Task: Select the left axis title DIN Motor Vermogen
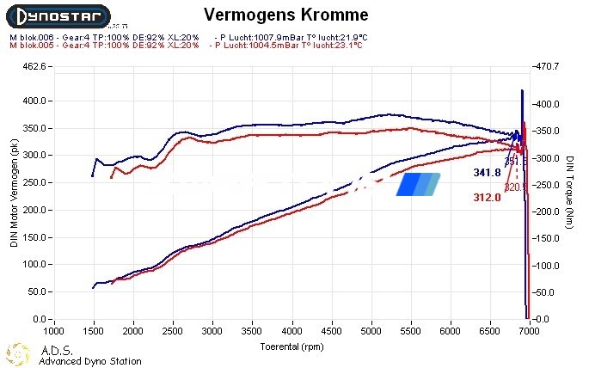coord(14,195)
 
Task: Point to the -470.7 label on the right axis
coord(548,66)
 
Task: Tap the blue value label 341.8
coord(487,173)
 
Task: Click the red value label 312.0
coord(487,198)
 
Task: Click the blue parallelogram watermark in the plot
coord(418,184)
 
